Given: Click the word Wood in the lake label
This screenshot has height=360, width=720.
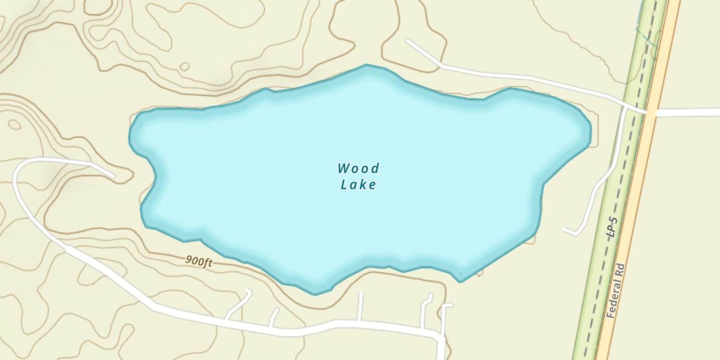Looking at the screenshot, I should tap(358, 168).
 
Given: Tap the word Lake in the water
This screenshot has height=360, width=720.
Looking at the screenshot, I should tap(358, 184).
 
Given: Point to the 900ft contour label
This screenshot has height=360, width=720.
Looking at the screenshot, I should tap(199, 262).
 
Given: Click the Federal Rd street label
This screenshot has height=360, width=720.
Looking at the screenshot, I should tap(616, 290).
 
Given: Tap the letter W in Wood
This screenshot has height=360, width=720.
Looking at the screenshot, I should tap(343, 168).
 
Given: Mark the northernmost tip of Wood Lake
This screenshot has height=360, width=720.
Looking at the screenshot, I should tap(367, 65).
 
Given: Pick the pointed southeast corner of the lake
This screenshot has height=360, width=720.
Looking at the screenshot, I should tap(460, 281).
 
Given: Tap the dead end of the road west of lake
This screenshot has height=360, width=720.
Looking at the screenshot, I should tap(113, 177).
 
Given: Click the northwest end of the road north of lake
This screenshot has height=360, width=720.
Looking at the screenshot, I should tap(408, 41).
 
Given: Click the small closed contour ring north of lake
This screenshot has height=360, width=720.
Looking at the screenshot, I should tap(184, 66).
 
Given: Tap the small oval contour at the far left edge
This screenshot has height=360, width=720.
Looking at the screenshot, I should tap(14, 124).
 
